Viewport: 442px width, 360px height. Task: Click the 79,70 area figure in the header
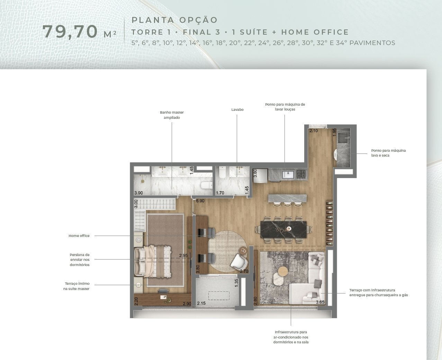tap(70, 32)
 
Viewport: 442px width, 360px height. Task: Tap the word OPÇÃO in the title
tap(199, 20)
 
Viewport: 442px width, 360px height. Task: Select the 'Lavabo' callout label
tap(237, 109)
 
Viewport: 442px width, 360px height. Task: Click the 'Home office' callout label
tap(79, 236)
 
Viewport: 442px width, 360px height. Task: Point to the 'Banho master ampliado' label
tap(172, 115)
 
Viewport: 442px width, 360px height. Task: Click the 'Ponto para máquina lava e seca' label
tap(388, 153)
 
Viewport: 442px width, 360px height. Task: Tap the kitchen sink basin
tap(288, 174)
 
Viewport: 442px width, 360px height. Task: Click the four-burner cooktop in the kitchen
tap(301, 174)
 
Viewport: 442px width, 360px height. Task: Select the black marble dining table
tap(283, 229)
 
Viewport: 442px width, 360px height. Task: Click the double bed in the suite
tap(153, 261)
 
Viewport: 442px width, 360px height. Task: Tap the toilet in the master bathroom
tap(206, 185)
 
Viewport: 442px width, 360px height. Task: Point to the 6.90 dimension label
tap(200, 201)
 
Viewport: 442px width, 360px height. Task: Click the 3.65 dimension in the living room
tap(320, 302)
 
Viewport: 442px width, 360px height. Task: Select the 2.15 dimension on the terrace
tap(201, 303)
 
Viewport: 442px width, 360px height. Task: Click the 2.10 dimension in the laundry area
tap(314, 131)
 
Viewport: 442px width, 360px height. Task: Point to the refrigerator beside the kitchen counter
tap(260, 176)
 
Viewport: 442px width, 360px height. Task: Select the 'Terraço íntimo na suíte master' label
tap(76, 286)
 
